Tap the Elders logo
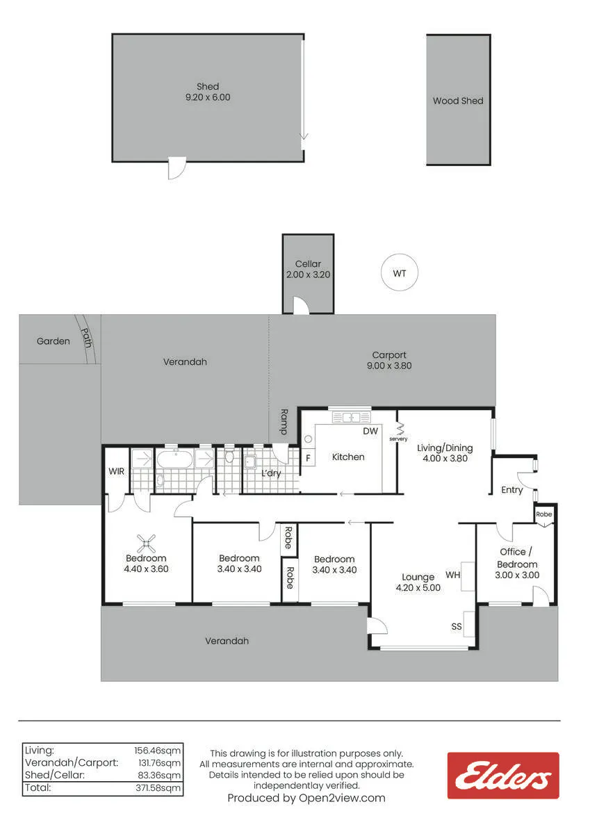point(503,776)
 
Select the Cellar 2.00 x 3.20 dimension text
point(309,275)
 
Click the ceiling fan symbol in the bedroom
point(147,543)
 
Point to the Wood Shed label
point(458,101)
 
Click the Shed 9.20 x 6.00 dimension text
point(208,97)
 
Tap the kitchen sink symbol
point(351,417)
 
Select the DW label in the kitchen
point(370,431)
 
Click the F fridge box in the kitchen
point(309,458)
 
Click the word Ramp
point(284,422)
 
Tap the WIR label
point(117,471)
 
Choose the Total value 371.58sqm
point(158,788)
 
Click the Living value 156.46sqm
point(158,751)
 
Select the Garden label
point(54,341)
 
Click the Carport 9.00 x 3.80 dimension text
point(389,366)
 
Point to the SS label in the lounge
point(457,627)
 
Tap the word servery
point(398,439)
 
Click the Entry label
point(512,490)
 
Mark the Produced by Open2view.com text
point(306,798)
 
